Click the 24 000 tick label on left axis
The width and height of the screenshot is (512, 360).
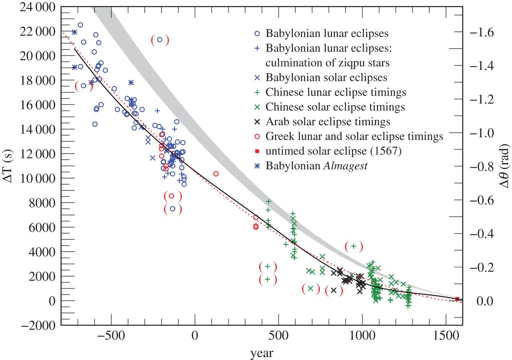click(x=35, y=7)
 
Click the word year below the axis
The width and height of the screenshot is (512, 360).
click(x=262, y=352)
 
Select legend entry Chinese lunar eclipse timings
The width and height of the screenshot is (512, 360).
click(x=336, y=92)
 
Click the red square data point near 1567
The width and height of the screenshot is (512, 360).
click(x=457, y=299)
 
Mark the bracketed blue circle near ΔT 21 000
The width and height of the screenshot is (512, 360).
click(x=160, y=40)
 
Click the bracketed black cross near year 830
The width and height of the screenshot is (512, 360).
click(x=334, y=290)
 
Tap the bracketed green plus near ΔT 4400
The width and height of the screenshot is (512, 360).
click(x=354, y=246)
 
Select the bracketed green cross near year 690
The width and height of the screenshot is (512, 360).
click(x=310, y=288)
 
